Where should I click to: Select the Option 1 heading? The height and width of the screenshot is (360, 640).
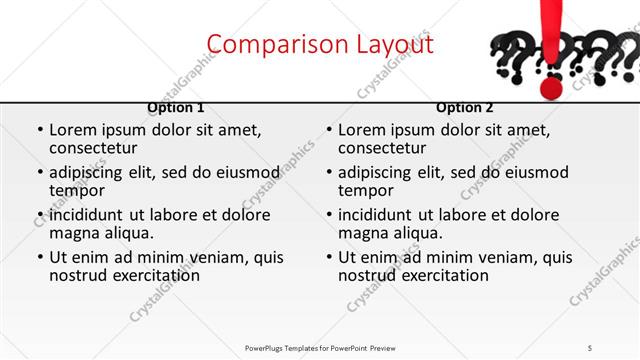click(175, 107)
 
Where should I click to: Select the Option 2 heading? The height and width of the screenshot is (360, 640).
click(465, 107)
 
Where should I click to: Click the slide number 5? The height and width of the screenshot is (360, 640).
click(590, 346)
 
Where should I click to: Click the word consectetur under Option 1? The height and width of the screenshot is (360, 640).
click(95, 148)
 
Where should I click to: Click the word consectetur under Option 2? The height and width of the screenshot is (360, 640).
click(384, 148)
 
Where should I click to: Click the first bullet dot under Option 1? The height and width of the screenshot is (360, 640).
click(39, 130)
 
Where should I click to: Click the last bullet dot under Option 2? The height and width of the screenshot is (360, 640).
click(328, 257)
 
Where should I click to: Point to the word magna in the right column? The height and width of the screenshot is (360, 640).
click(362, 233)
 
